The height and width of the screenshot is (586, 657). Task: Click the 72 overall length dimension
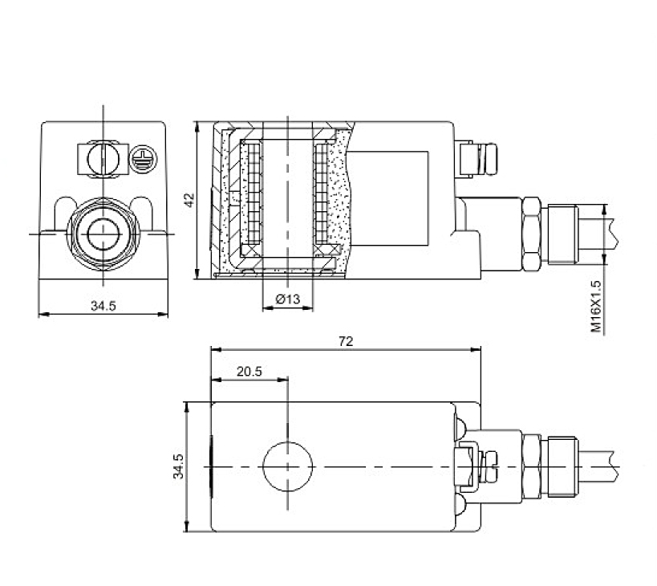[346, 341]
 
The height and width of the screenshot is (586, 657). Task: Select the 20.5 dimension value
[249, 372]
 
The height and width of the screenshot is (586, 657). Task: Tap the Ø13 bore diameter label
[287, 299]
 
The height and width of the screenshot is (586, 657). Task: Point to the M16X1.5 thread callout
[595, 307]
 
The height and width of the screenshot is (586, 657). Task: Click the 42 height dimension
[189, 200]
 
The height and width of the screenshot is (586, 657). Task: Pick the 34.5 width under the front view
[103, 305]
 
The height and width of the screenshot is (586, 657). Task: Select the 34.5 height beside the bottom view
[179, 466]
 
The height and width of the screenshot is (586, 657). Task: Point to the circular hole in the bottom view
[288, 466]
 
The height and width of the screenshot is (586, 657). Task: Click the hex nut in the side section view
[531, 235]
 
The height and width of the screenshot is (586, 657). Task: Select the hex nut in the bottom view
[531, 466]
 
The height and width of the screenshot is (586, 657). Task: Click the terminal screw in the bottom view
[466, 466]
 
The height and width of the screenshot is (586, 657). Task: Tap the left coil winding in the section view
[252, 193]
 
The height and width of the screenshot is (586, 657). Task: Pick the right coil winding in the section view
[324, 193]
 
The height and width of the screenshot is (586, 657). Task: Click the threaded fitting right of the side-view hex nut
[562, 234]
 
